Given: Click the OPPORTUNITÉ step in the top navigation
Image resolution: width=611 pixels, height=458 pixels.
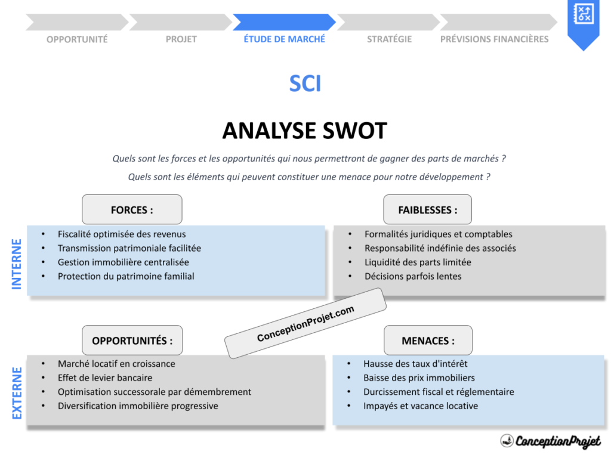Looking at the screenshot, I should [77, 39].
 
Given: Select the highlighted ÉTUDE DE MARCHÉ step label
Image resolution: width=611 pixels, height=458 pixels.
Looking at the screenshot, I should [285, 39].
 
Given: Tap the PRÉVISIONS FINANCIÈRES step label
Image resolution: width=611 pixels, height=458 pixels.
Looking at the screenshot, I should [494, 39].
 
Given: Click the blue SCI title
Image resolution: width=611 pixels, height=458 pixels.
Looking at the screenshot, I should [305, 84].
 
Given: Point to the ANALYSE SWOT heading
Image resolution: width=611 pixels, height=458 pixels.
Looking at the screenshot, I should [305, 131].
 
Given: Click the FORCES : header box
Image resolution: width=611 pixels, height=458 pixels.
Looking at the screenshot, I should [132, 210].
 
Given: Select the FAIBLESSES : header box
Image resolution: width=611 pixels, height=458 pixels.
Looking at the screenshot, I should [428, 210].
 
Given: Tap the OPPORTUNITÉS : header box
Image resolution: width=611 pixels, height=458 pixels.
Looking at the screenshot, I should [132, 341].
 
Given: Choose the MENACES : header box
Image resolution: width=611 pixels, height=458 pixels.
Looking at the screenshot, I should [428, 341].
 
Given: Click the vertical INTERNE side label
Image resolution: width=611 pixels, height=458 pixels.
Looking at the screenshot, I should [17, 264].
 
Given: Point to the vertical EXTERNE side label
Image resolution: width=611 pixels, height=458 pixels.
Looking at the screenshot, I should [17, 393].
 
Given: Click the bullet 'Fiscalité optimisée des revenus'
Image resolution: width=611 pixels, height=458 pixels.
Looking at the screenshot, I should [122, 234].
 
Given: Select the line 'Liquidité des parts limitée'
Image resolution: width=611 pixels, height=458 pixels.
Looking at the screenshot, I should [418, 262].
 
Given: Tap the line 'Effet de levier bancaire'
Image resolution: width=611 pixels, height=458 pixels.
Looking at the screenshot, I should [105, 377].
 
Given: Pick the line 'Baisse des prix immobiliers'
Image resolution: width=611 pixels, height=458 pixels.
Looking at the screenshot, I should [419, 377].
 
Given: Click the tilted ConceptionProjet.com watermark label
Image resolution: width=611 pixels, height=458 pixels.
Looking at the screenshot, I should [305, 323].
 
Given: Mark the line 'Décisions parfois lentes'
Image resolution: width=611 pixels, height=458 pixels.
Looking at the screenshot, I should [413, 276].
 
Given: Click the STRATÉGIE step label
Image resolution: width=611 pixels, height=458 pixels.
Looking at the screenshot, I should [389, 39].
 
